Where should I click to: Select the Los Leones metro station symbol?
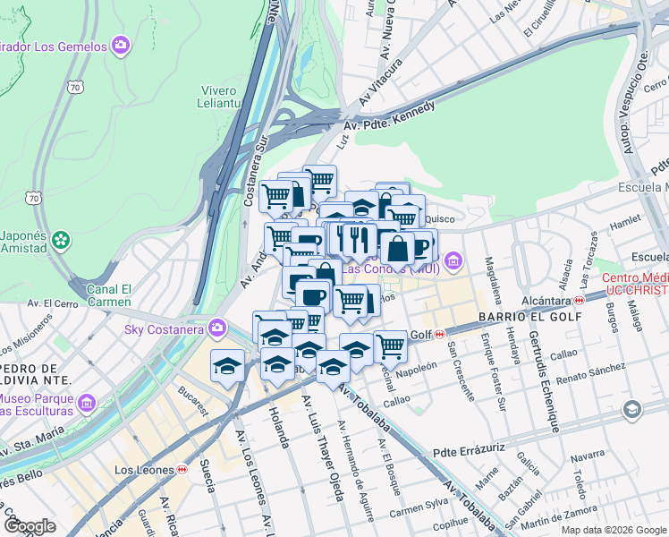(182, 469)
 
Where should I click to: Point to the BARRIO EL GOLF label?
(518, 317)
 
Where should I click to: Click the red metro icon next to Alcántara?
(579, 300)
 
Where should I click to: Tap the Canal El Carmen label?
(110, 295)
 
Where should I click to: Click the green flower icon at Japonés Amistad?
(60, 239)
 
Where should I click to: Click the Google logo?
(30, 526)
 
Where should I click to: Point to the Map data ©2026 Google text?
(613, 530)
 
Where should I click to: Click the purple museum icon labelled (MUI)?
(453, 261)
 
